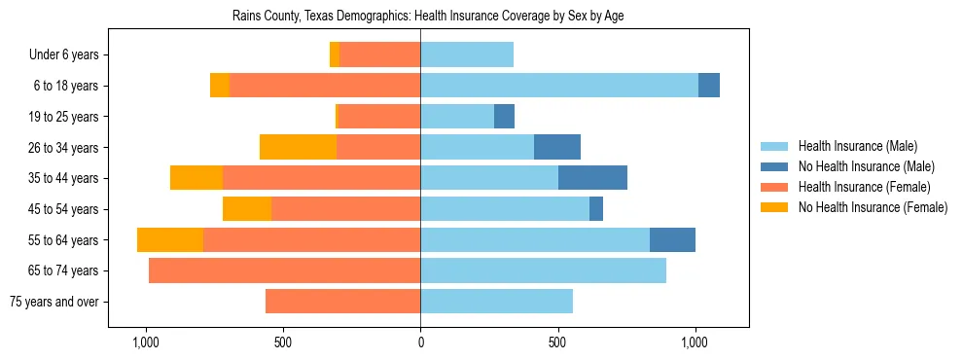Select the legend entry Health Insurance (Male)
[857, 146]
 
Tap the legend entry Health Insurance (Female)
[864, 187]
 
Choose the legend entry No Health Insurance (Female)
[873, 207]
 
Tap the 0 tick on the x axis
[420, 342]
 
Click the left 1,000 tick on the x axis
[145, 342]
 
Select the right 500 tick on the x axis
[557, 342]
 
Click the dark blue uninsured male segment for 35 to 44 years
[592, 178]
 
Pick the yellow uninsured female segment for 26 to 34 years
[298, 147]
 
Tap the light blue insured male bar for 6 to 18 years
[559, 86]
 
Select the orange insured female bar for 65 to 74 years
[284, 270]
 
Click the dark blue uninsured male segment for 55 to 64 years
[672, 239]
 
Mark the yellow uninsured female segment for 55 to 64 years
[170, 239]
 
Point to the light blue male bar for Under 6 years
[467, 55]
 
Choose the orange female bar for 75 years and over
[342, 302]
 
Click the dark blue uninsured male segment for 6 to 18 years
[709, 86]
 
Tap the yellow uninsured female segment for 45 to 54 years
[247, 209]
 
